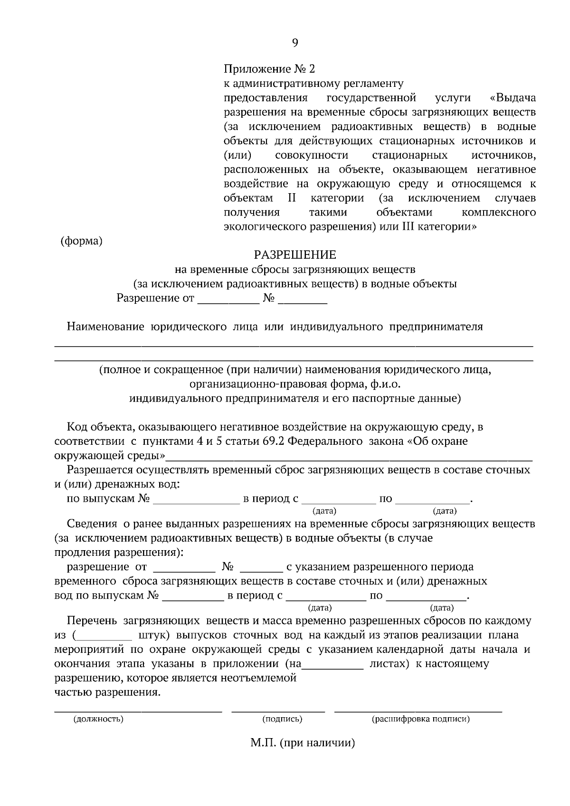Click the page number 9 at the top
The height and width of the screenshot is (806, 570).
pyautogui.click(x=295, y=43)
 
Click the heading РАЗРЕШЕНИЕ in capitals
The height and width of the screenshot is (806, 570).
pyautogui.click(x=295, y=255)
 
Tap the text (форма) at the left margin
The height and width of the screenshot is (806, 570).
pyautogui.click(x=81, y=241)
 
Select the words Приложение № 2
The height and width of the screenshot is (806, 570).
pyautogui.click(x=269, y=69)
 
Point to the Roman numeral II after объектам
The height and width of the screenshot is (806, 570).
pyautogui.click(x=292, y=198)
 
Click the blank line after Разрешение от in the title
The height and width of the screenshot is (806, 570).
pyautogui.click(x=227, y=300)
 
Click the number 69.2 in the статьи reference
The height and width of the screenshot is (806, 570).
pyautogui.click(x=273, y=441)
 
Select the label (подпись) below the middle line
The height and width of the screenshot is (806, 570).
pyautogui.click(x=282, y=719)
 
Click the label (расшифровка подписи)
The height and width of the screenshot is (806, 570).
pyautogui.click(x=420, y=719)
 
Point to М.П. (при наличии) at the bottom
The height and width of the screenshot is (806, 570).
pyautogui.click(x=303, y=743)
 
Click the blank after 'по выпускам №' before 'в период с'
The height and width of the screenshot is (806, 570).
pyautogui.click(x=196, y=500)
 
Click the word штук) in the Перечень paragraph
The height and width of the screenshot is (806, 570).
pyautogui.click(x=154, y=635)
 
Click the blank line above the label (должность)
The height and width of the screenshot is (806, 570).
pyautogui.click(x=138, y=710)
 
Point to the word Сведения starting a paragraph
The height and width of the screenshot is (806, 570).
pyautogui.click(x=92, y=524)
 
